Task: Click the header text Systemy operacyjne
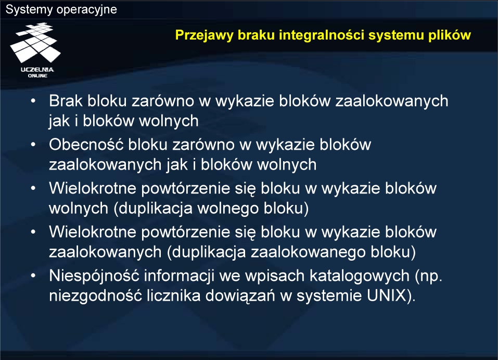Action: [61, 9]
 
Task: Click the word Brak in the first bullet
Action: [66, 101]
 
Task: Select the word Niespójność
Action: [94, 276]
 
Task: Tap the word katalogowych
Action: [360, 276]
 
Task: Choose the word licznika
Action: [173, 295]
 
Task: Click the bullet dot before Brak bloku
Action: [33, 101]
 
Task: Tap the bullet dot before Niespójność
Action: [33, 276]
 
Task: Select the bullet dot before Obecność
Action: [33, 145]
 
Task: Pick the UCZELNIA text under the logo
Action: [37, 70]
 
